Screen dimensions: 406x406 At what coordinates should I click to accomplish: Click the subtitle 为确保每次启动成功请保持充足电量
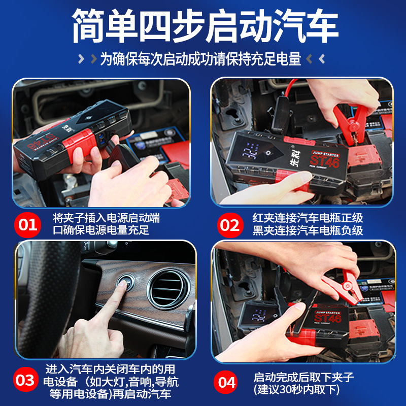click(200, 59)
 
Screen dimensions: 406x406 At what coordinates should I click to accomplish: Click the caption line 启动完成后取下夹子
click(303, 377)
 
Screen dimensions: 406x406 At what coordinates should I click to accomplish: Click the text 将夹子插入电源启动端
click(106, 218)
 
